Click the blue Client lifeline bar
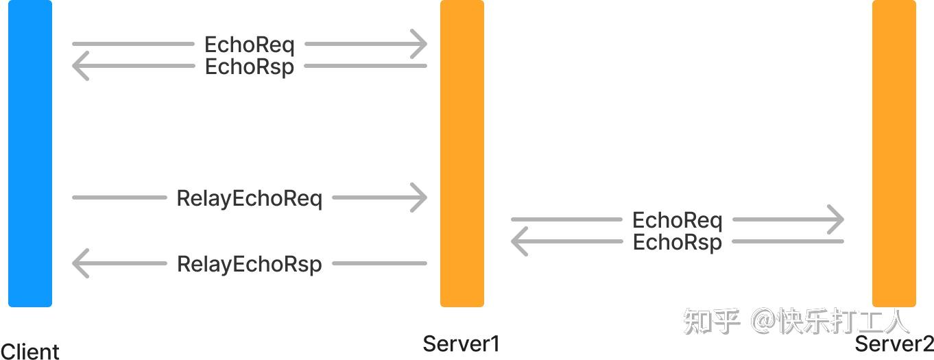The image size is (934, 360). coord(30,153)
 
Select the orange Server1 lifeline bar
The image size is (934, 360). coord(462,153)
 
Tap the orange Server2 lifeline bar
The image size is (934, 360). coord(894,153)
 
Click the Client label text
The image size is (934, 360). coord(30,351)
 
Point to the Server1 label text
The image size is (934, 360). coord(461,343)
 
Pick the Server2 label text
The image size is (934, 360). coord(894,343)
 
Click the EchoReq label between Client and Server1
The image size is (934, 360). coord(250,45)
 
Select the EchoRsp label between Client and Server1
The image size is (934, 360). coord(250,67)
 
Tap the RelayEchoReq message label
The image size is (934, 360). coord(250,198)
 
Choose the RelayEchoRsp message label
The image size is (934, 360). coord(250,264)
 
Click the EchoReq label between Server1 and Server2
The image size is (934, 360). coord(677,220)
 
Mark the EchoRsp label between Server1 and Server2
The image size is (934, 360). coord(677,242)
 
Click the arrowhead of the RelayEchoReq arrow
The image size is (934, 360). coord(420,198)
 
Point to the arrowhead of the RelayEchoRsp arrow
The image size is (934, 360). coord(80,264)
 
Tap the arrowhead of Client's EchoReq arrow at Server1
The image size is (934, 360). coord(420,45)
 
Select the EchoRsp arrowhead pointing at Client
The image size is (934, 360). coord(80,67)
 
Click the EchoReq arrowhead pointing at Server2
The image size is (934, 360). coord(836,220)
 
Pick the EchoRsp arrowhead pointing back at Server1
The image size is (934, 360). coord(518,242)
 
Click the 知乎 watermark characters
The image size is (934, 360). coord(711,321)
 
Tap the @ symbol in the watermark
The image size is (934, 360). coord(763,321)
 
